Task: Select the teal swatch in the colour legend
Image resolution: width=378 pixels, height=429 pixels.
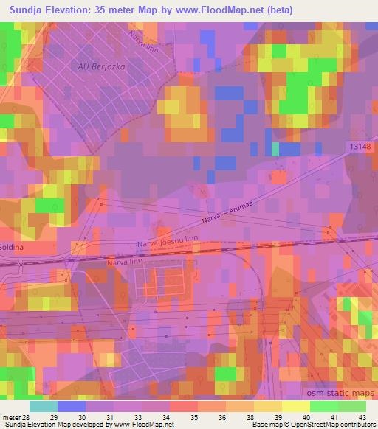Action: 44,406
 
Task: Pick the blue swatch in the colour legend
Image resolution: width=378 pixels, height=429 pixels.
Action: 72,406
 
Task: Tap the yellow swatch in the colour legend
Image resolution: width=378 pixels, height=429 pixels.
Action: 295,406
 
